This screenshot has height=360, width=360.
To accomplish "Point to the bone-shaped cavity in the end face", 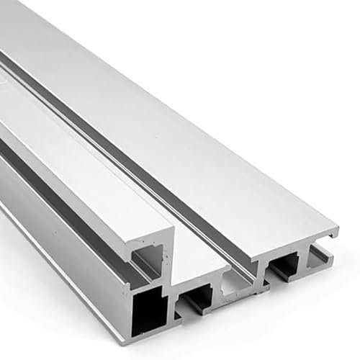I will [x=237, y=285].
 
